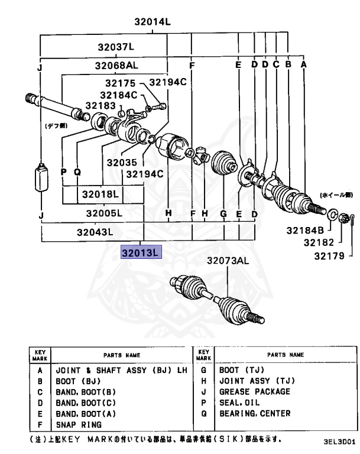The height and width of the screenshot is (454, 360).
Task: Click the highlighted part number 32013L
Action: [140, 253]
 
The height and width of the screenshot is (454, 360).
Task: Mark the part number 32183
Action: [100, 105]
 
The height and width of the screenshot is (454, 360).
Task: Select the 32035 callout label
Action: [122, 161]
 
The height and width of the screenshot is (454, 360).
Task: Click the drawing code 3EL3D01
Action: [339, 441]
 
